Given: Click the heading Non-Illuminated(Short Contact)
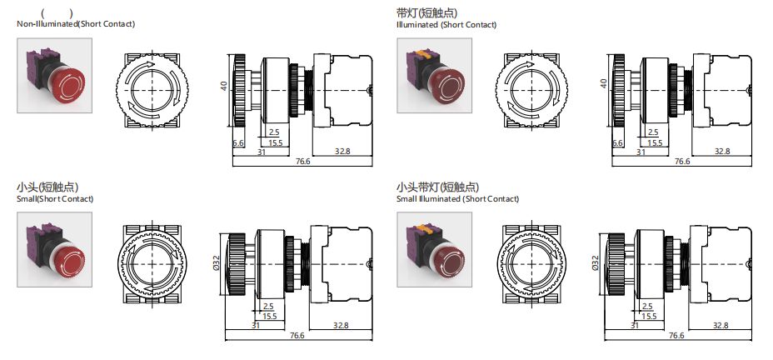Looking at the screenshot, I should tap(76, 24).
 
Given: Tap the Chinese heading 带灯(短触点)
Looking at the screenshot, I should tap(427, 12).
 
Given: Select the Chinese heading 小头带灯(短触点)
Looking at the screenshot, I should tap(438, 187).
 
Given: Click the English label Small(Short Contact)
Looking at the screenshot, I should tap(55, 199).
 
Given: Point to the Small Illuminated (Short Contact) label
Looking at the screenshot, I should tap(457, 199).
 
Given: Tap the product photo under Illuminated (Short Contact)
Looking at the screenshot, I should tap(434, 79).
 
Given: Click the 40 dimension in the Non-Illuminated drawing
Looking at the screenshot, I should tap(224, 87).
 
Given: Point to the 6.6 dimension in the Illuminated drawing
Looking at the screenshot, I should tap(617, 142).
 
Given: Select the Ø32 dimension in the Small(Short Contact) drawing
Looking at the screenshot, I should tap(217, 265).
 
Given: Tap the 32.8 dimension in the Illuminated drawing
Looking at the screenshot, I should tap(721, 151).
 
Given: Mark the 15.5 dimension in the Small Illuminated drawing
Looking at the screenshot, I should tap(648, 316).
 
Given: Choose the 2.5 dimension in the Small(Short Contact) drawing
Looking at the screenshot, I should tap(267, 307).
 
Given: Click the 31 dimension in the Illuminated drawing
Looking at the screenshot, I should tap(641, 152).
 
